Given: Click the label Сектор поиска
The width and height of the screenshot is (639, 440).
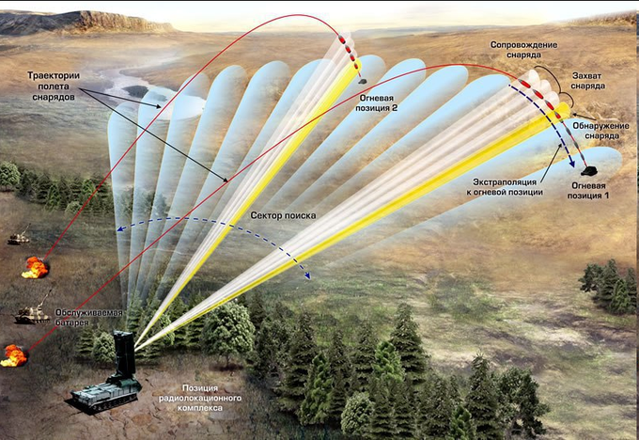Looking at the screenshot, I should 283,215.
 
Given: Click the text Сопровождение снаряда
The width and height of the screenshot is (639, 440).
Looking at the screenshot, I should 523,50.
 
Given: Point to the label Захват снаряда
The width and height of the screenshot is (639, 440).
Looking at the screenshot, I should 589,80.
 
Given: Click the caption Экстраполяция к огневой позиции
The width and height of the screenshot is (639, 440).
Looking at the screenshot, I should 504,185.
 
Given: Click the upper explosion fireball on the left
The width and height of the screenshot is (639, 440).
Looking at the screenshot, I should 36,267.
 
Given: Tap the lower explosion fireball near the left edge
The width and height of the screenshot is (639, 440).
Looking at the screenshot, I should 14,356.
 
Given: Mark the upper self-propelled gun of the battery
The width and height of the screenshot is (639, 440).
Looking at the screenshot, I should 19,239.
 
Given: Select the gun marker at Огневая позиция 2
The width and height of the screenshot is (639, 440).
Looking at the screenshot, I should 363,82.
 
